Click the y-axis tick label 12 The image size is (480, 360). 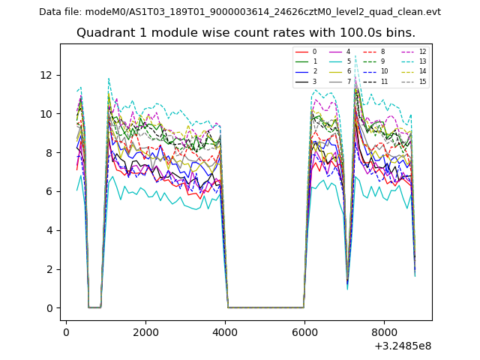(x=46, y=75)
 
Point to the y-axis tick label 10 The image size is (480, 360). (x=46, y=114)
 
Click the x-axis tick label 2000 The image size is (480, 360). (x=145, y=331)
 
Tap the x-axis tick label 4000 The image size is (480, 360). (x=224, y=331)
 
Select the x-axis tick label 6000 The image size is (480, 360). (x=304, y=331)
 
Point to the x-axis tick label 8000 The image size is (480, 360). (x=383, y=331)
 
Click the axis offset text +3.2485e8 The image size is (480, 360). (x=402, y=346)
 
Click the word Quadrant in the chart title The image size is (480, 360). (x=103, y=33)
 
